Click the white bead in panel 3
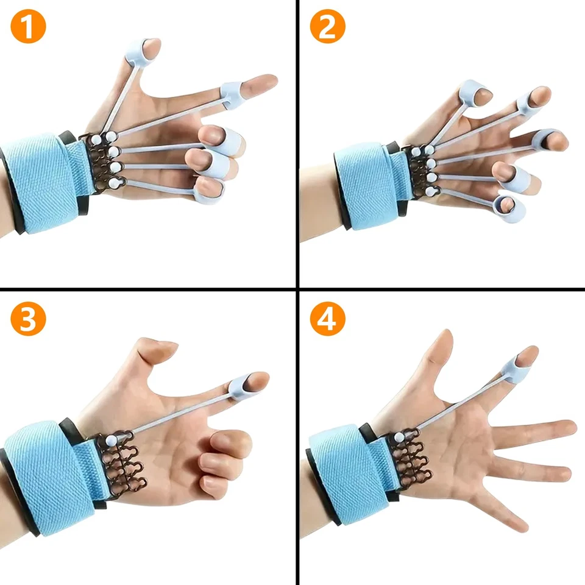pyautogui.click(x=111, y=439)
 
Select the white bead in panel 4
pyautogui.click(x=398, y=437)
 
